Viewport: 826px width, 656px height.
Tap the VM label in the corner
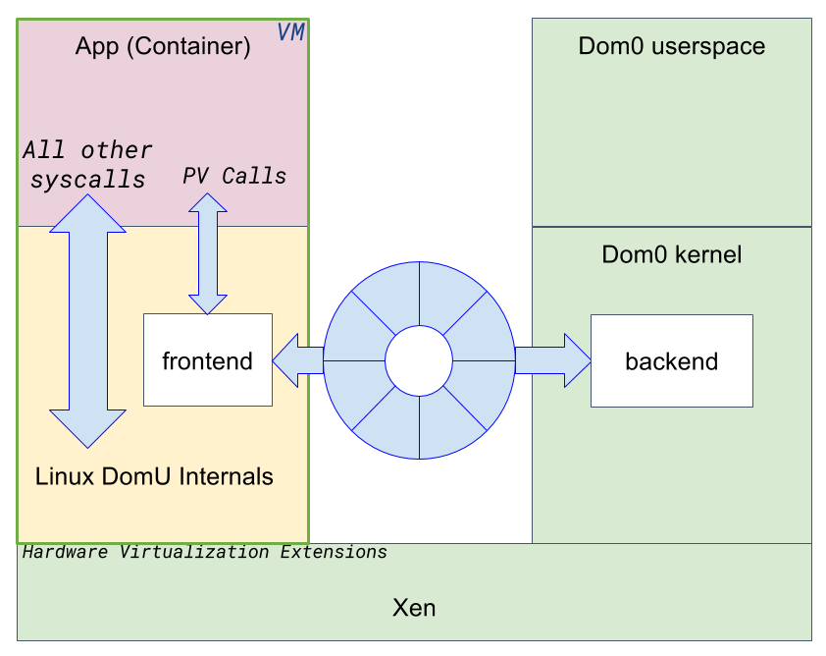(x=291, y=32)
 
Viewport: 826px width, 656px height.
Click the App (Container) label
(x=163, y=47)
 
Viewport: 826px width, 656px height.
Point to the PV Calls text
(x=234, y=176)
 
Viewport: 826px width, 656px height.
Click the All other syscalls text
(x=88, y=165)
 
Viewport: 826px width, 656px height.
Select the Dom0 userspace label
(x=672, y=46)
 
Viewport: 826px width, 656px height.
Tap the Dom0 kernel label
(x=672, y=255)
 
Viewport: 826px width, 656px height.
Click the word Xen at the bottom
(x=414, y=608)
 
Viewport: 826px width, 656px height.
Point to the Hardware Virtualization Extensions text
(x=204, y=552)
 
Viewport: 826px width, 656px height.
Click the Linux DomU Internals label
(x=154, y=477)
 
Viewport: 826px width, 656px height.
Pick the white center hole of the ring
(x=419, y=360)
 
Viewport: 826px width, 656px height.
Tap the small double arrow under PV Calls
(x=207, y=253)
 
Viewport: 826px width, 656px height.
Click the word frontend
(x=207, y=361)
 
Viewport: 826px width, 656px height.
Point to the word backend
(x=671, y=361)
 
